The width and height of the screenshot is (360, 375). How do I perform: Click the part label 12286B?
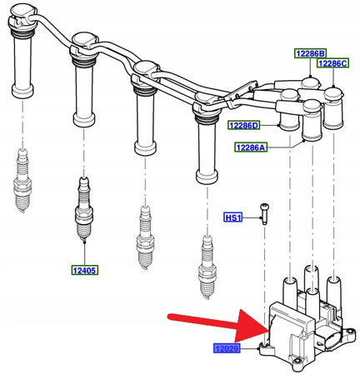tap(310, 53)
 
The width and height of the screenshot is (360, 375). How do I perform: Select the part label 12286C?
tap(333, 63)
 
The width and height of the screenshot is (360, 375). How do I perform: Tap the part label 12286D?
tap(244, 126)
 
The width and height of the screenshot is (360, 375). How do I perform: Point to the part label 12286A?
tap(251, 147)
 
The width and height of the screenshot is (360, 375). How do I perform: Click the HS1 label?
tap(233, 217)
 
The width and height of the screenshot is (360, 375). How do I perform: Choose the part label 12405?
tap(85, 270)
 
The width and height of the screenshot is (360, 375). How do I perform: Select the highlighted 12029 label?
tap(227, 348)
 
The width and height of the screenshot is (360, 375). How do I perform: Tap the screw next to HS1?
tap(264, 213)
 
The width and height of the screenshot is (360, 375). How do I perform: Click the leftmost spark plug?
tap(22, 181)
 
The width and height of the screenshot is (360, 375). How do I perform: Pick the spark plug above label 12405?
tap(84, 209)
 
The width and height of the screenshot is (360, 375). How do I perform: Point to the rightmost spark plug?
tap(207, 267)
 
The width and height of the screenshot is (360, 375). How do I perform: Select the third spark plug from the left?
tap(145, 237)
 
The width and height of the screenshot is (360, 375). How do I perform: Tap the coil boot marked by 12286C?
tap(333, 108)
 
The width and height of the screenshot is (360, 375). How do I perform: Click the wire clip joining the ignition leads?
tap(241, 95)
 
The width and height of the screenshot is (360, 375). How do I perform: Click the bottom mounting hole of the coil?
tap(298, 361)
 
